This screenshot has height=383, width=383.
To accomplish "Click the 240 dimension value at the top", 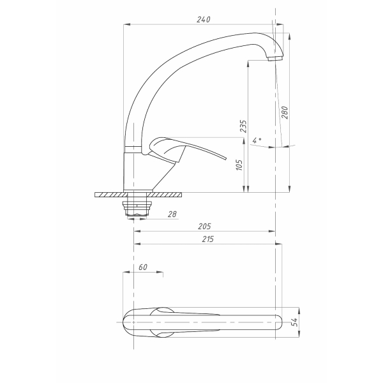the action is [203, 19].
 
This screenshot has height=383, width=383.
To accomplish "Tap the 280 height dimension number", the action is [285, 112].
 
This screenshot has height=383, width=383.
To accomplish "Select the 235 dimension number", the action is [243, 126].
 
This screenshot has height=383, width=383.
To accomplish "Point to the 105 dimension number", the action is [239, 165].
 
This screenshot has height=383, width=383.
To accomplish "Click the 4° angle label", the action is [257, 140].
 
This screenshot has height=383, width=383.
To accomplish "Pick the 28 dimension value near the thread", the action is [172, 214].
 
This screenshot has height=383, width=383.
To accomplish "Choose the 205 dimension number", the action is [204, 227].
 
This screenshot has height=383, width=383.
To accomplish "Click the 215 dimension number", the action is [207, 239].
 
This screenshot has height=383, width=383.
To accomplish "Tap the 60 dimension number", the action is [143, 267].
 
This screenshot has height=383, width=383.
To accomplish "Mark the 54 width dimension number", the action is [294, 322].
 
